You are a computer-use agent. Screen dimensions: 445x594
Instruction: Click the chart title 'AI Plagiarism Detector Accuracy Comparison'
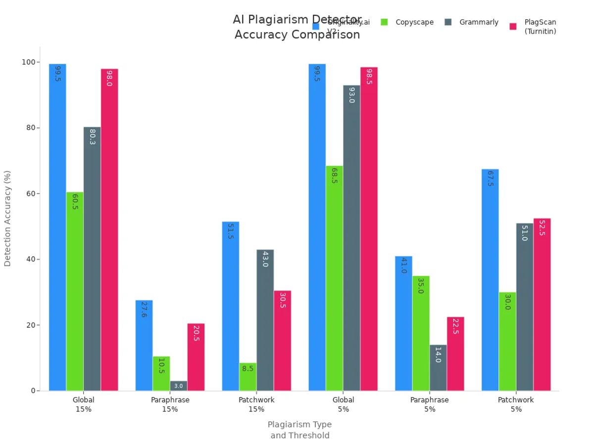[x=297, y=27]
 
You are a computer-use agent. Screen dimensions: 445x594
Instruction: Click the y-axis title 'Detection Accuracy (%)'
[x=7, y=218]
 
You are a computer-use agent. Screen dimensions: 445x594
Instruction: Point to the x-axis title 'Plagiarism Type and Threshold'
[x=299, y=430]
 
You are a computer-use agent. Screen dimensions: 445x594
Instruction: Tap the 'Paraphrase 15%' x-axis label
[x=170, y=404]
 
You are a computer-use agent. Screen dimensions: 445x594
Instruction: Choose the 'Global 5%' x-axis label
[x=343, y=404]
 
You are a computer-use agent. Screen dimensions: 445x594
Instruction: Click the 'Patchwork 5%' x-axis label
[x=516, y=404]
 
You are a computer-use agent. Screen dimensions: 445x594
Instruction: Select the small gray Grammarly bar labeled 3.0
[x=178, y=386]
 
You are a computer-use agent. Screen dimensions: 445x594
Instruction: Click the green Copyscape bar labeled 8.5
[x=247, y=377]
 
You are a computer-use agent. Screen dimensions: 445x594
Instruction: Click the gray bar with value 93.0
[x=351, y=237]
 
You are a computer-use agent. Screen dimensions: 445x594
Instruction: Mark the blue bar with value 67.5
[x=490, y=279]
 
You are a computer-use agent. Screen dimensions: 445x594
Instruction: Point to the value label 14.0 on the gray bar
[x=438, y=355]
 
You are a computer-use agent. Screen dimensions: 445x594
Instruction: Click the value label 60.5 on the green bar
[x=75, y=201]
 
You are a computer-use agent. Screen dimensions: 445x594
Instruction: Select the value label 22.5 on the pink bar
[x=455, y=326]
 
